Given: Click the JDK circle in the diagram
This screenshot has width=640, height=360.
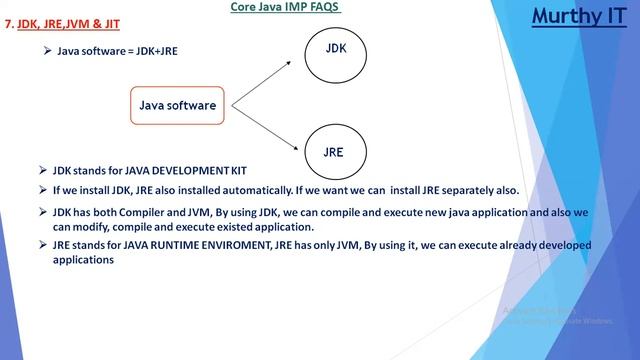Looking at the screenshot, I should pos(336,49).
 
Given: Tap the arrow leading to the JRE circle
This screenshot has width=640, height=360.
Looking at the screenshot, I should pos(262,125).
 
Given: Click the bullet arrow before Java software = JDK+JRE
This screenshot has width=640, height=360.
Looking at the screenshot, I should pos(47,50).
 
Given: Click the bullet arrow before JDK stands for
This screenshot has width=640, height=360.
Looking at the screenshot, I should pos(42,172).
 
